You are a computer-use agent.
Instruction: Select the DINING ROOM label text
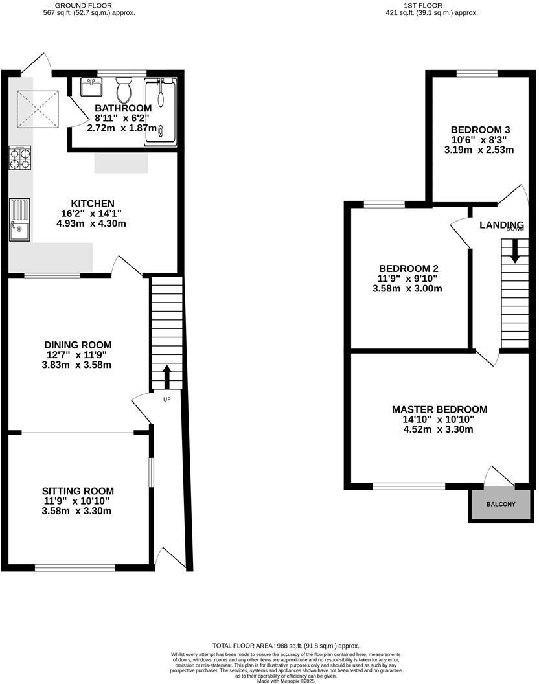[x=78, y=345]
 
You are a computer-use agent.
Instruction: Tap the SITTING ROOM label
[x=78, y=491]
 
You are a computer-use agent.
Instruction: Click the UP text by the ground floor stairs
[x=166, y=399]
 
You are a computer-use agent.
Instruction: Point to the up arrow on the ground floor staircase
[x=166, y=376]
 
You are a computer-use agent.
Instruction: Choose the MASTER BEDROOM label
[x=439, y=409]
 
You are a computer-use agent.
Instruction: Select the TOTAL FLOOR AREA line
[x=286, y=646]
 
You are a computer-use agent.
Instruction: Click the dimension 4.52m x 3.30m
[x=439, y=429]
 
